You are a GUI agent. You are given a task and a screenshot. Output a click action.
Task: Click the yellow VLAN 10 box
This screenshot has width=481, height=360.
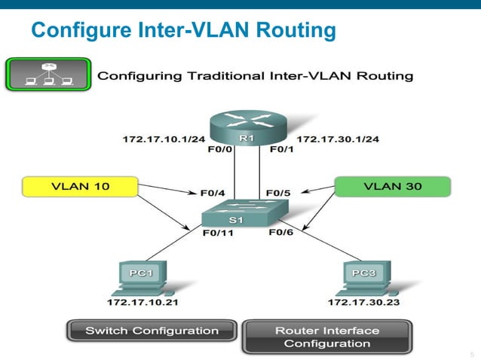click(x=80, y=186)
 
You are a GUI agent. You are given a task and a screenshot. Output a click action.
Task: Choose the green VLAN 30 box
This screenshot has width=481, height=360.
click(x=392, y=186)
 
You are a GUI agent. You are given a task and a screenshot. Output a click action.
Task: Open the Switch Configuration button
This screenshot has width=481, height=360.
click(x=152, y=331)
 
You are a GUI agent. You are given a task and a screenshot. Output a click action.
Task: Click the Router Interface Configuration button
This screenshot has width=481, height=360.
click(x=326, y=337)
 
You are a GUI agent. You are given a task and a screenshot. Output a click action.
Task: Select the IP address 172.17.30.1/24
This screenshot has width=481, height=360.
click(x=338, y=139)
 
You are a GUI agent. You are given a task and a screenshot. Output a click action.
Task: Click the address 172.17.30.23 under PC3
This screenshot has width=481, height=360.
click(x=363, y=303)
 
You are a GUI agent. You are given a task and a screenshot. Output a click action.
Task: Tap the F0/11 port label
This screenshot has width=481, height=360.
click(x=218, y=233)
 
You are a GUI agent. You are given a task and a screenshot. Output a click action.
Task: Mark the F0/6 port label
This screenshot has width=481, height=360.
click(x=281, y=233)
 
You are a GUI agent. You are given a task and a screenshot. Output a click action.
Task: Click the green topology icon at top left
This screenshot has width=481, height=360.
click(x=48, y=74)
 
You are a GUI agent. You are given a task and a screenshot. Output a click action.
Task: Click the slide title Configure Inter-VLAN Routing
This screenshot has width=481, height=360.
click(x=183, y=31)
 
